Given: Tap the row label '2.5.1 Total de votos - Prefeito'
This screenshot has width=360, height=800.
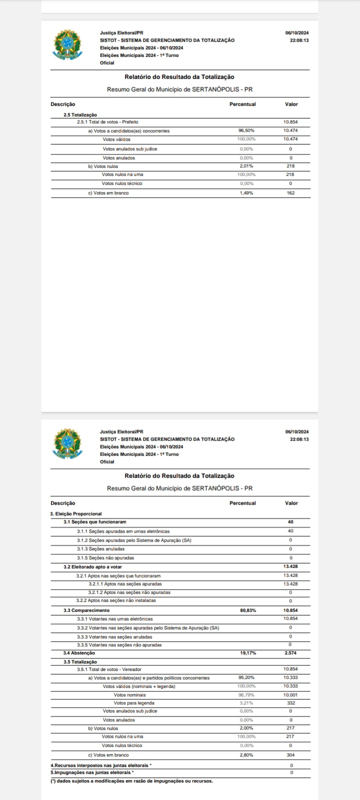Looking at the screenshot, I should pyautogui.click(x=107, y=122).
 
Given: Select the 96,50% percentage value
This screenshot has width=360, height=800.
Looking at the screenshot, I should pyautogui.click(x=246, y=131).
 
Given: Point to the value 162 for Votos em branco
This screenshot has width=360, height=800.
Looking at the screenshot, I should pyautogui.click(x=290, y=193).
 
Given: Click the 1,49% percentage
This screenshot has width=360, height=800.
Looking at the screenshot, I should pyautogui.click(x=246, y=193).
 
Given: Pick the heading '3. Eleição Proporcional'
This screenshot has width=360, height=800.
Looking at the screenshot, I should pyautogui.click(x=76, y=513).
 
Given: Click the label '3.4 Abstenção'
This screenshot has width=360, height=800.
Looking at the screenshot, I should pyautogui.click(x=79, y=653).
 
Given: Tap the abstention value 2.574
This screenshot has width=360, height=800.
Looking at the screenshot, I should pyautogui.click(x=290, y=653).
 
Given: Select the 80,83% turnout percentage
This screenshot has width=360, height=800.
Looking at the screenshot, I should pyautogui.click(x=248, y=610).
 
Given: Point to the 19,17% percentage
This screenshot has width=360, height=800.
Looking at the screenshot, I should pyautogui.click(x=248, y=653).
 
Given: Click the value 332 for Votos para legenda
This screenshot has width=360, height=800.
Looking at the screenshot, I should pyautogui.click(x=290, y=703).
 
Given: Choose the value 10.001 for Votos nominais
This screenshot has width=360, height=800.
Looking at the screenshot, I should pyautogui.click(x=290, y=695).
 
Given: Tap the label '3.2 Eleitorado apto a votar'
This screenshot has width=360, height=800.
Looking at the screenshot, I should pyautogui.click(x=92, y=567).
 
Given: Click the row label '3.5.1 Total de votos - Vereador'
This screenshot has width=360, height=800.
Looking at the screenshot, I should pyautogui.click(x=109, y=669).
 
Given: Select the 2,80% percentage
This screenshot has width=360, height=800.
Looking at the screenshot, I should pyautogui.click(x=246, y=755).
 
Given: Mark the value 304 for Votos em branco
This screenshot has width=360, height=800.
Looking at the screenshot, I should pyautogui.click(x=290, y=755).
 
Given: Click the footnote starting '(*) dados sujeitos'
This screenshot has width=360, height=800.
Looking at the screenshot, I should pyautogui.click(x=131, y=781).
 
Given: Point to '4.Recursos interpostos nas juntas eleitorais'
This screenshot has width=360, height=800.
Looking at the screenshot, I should pyautogui.click(x=101, y=765).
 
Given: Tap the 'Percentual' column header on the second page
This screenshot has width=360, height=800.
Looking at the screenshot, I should pyautogui.click(x=242, y=503).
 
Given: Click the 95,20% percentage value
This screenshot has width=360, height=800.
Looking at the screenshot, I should pyautogui.click(x=246, y=678).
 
